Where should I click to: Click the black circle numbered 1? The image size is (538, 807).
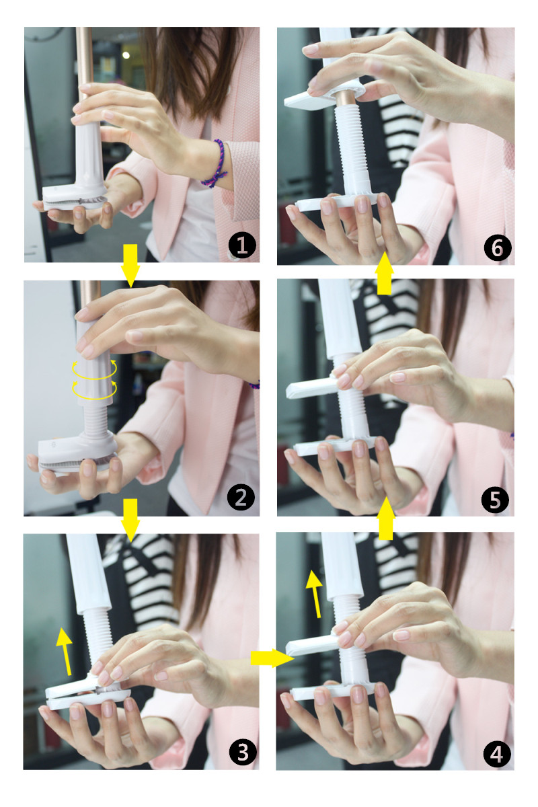click(x=242, y=245)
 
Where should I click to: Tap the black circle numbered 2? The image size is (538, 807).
click(x=241, y=497)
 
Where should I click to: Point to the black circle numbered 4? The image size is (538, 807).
click(x=497, y=753)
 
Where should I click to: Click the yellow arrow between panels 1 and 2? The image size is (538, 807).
click(x=130, y=266)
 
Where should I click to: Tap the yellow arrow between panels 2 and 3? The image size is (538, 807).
click(x=130, y=521)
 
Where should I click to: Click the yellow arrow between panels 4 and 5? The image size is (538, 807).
click(x=385, y=518)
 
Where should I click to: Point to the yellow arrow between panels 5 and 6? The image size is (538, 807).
click(x=385, y=273)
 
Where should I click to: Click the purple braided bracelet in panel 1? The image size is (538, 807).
click(x=215, y=164)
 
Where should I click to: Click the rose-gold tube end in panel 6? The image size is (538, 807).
click(x=348, y=98)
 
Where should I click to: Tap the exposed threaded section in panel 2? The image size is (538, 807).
click(x=95, y=420)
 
